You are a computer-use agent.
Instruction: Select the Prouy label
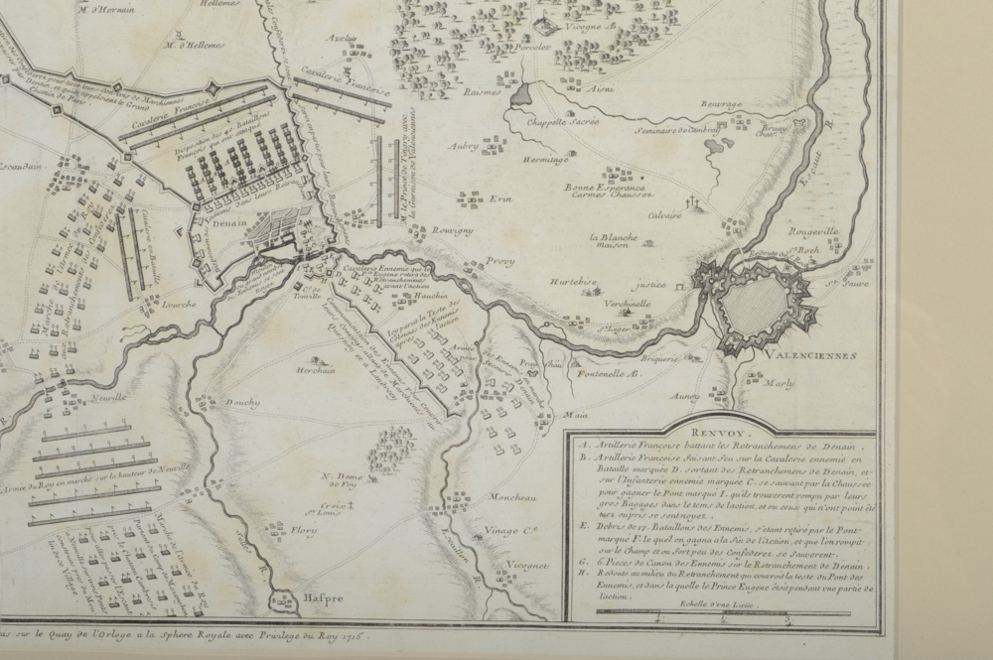500,261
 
